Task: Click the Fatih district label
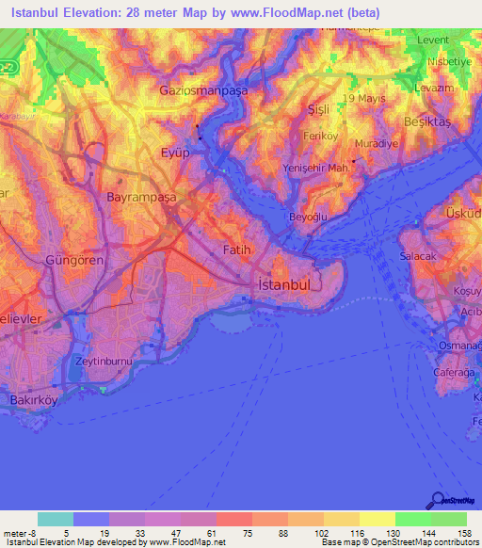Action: [x=236, y=250]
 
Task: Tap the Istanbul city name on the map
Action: [x=285, y=283]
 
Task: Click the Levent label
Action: [x=434, y=40]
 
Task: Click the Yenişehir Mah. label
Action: [x=317, y=168]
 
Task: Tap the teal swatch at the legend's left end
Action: [x=56, y=519]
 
